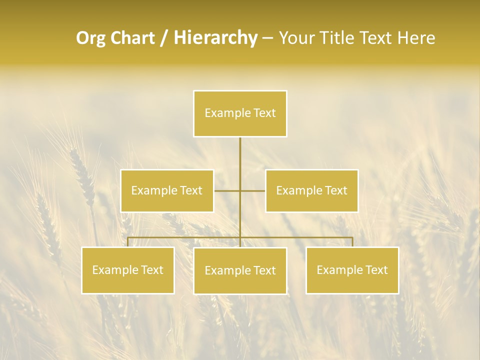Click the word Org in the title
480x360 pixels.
point(91,38)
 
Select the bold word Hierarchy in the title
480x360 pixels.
point(215,38)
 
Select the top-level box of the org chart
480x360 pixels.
point(240,113)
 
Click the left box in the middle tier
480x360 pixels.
point(167,190)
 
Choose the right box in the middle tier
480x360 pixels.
point(311,190)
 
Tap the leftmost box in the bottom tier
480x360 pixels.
point(128,270)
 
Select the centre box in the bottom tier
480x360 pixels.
point(240,270)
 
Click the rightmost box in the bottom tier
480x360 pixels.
point(352,270)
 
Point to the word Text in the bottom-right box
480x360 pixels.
point(376,270)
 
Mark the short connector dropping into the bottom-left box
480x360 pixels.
point(128,242)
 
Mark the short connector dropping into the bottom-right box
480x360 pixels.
point(352,242)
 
